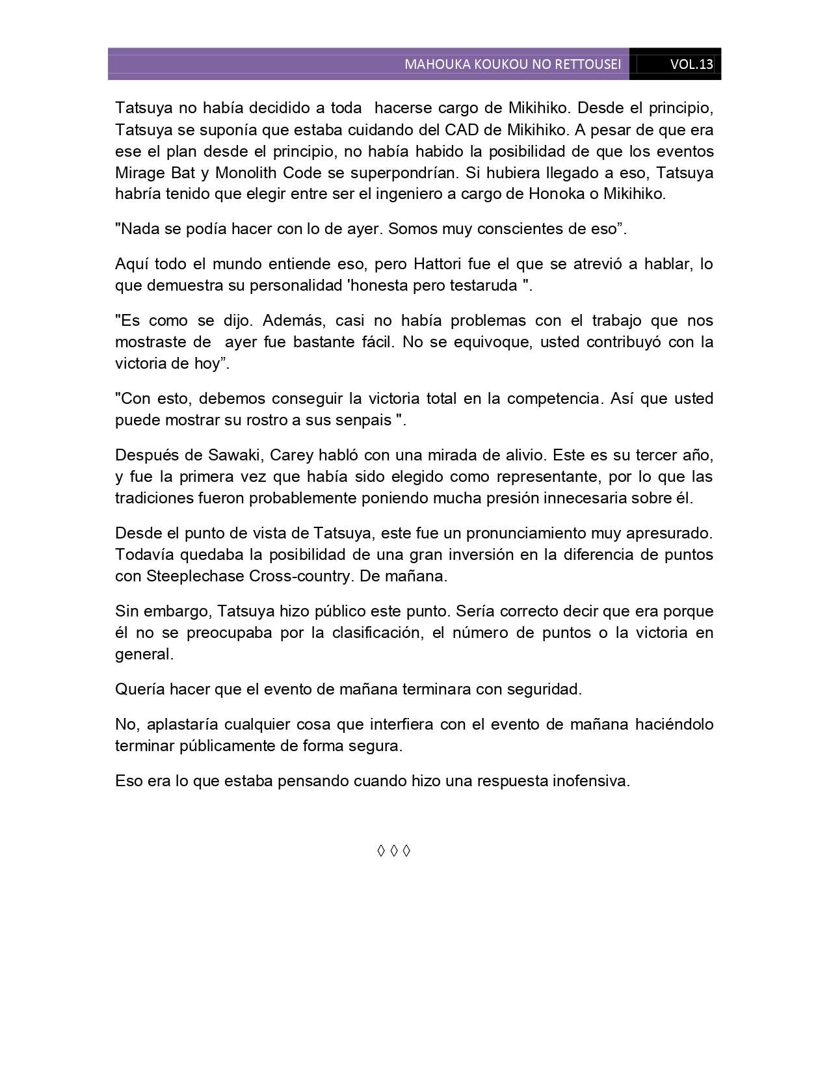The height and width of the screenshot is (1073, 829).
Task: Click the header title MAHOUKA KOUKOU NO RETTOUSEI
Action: click(x=512, y=64)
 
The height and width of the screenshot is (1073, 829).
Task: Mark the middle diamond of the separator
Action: click(x=394, y=851)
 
